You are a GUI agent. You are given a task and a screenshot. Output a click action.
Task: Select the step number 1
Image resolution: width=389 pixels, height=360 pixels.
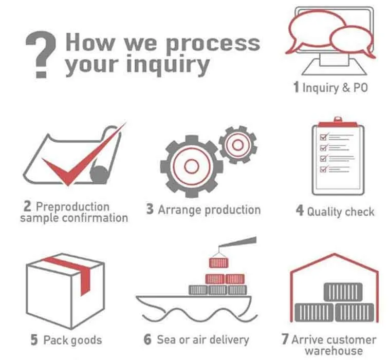click(x=295, y=87)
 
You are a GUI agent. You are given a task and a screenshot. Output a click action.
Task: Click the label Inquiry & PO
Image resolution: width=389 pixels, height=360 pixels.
click(x=335, y=88)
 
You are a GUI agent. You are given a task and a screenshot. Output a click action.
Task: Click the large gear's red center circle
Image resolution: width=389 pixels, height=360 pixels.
click(x=191, y=166)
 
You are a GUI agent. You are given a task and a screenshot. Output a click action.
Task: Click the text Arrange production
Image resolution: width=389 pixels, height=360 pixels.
click(x=209, y=210)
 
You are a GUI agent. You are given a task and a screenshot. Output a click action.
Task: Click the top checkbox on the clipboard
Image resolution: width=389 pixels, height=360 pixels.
click(x=324, y=137)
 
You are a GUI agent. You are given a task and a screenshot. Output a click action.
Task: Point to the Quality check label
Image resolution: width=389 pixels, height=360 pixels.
click(x=341, y=211)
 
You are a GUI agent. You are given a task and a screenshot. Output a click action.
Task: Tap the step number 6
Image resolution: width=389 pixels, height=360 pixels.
click(x=148, y=339)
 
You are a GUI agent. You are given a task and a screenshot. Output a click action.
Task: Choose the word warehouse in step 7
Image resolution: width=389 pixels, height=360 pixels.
click(x=333, y=351)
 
